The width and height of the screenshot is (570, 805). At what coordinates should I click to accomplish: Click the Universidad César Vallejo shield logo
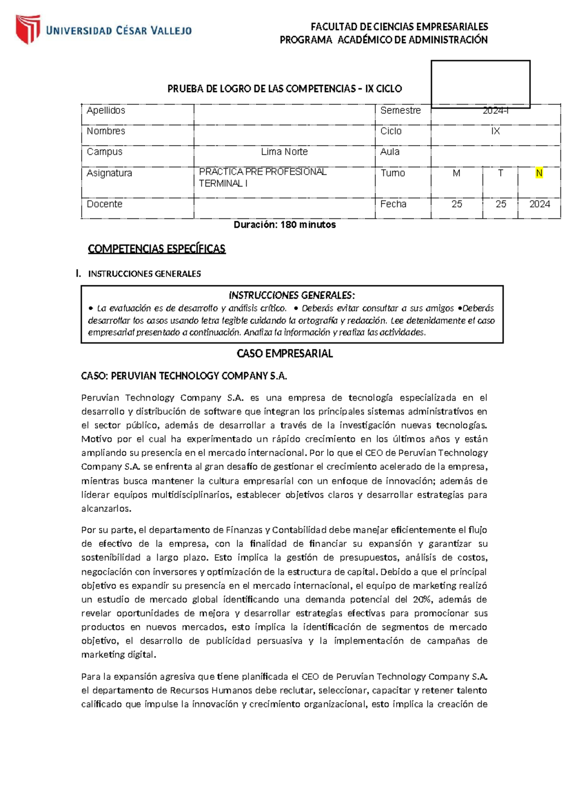[28, 29]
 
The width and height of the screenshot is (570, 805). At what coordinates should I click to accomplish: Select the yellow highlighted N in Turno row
[539, 173]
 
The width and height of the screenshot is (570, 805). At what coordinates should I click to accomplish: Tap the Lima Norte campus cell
[284, 152]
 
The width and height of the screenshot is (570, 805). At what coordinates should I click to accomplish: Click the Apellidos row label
[106, 111]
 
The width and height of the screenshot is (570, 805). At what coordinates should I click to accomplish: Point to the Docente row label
[104, 204]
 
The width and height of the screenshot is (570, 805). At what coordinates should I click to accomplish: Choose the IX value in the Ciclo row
[495, 131]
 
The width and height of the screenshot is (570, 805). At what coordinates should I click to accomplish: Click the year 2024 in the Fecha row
[540, 204]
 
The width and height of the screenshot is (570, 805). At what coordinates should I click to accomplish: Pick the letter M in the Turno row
[456, 173]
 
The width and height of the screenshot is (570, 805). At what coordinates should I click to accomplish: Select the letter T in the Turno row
[500, 173]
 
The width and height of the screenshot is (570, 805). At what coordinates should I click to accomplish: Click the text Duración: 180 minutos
[285, 225]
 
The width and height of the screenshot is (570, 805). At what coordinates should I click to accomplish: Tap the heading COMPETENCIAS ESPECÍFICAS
[157, 249]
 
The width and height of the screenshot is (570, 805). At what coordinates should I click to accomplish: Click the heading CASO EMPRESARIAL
[285, 354]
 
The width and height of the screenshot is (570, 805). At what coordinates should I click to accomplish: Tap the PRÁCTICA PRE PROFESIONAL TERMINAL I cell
[263, 178]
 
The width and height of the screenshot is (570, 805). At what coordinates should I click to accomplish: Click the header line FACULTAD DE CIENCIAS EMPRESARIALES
[399, 27]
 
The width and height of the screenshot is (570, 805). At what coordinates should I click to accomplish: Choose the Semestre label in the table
[400, 111]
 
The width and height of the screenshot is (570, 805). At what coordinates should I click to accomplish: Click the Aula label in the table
[390, 152]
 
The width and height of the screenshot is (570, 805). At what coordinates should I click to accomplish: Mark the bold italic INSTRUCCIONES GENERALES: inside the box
[292, 295]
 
